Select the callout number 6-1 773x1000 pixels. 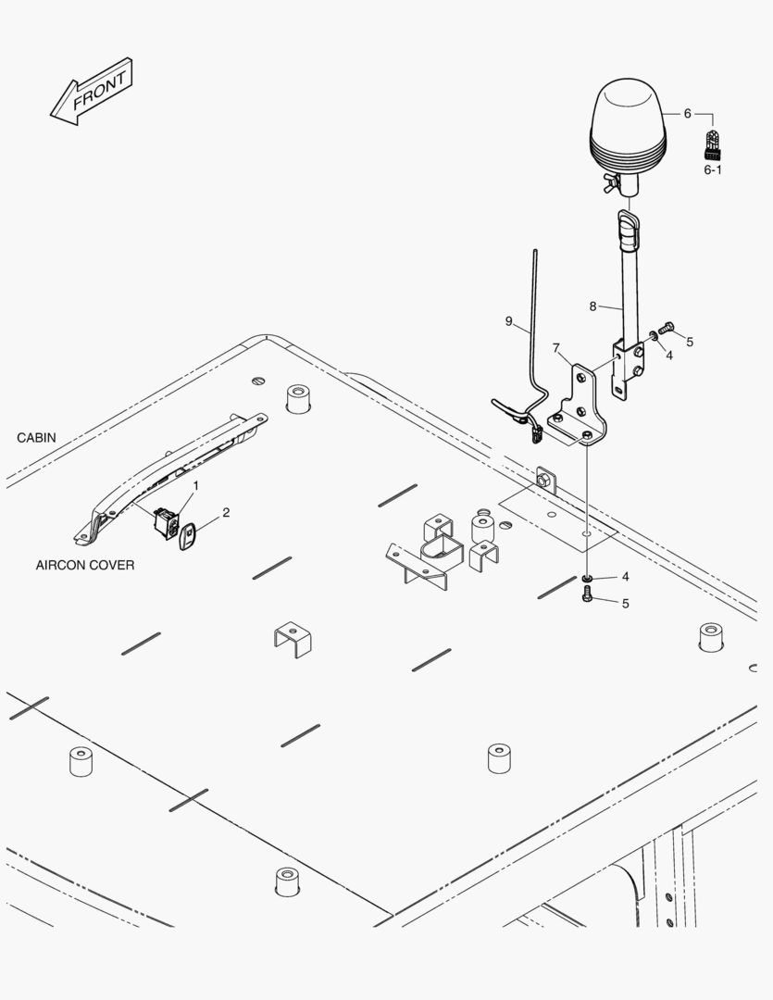point(713,170)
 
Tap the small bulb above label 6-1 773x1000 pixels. point(713,144)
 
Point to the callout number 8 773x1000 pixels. point(593,306)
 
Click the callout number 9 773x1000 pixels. point(509,321)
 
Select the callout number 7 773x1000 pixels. point(556,348)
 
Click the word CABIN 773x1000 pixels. point(37,437)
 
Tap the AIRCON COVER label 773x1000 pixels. point(85,565)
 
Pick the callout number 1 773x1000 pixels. point(195,485)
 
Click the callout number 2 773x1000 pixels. point(225,512)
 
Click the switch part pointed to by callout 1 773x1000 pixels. point(167,523)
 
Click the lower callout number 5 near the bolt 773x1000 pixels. point(625,604)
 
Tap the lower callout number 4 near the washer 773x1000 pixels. point(625,577)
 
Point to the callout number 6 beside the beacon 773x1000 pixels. point(687,113)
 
